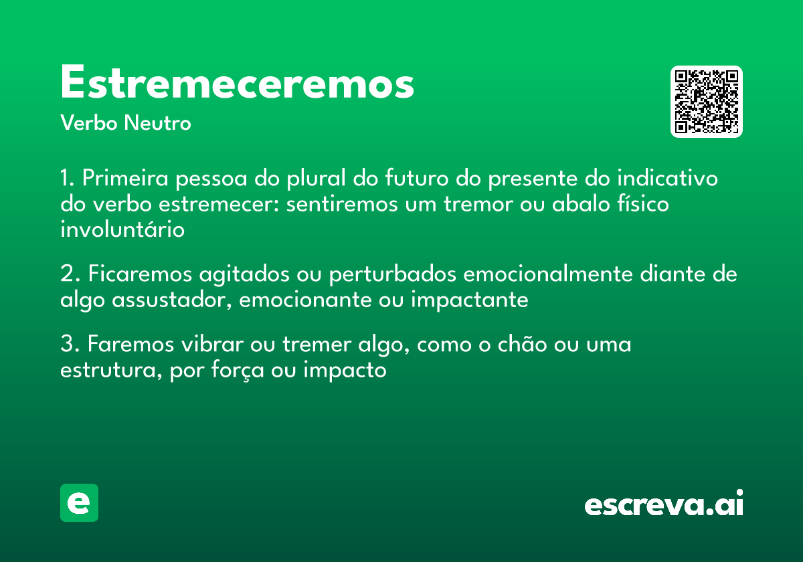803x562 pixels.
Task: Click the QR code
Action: coord(707,102)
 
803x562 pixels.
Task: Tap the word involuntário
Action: coord(122,229)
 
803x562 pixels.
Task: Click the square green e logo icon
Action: coord(79,502)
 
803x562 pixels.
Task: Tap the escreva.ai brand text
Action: coord(664,504)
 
